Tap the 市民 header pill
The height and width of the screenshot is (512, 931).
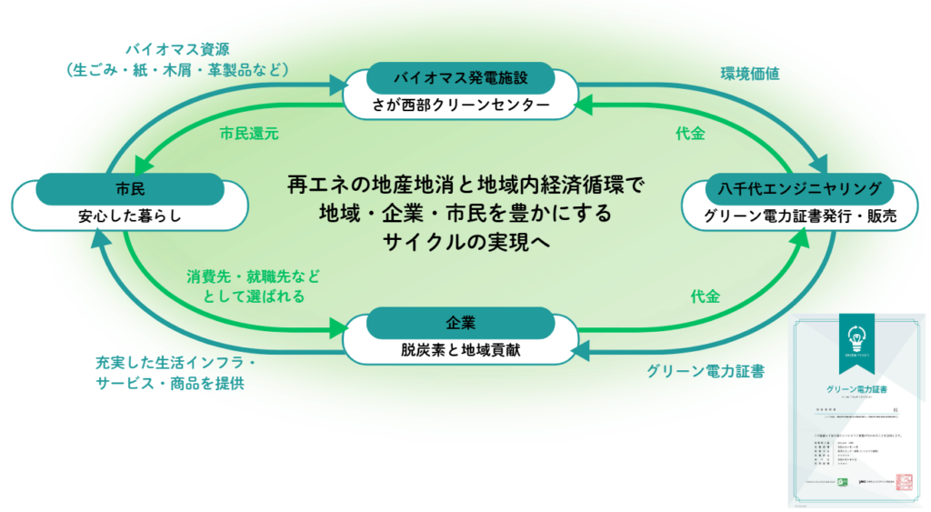[x=131, y=188]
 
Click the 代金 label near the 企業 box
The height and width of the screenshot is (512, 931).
[x=705, y=296]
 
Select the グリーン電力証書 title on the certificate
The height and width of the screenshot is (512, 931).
[x=856, y=388]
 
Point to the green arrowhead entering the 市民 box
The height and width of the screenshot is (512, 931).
[x=142, y=165]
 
